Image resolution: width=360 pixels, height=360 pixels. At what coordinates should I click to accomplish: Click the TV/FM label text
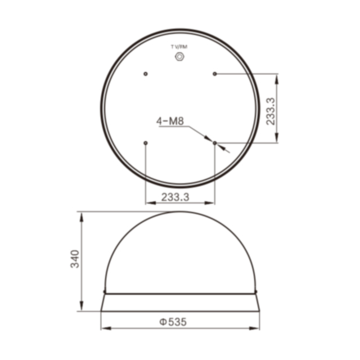click(x=179, y=47)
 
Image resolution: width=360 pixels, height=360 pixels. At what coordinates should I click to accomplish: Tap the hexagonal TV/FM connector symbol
click(x=179, y=56)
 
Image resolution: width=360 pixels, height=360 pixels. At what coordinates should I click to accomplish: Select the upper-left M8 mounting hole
click(x=145, y=74)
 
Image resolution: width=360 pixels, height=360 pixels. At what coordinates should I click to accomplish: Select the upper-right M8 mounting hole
click(x=215, y=74)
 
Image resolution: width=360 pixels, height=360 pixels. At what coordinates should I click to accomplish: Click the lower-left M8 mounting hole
click(x=145, y=143)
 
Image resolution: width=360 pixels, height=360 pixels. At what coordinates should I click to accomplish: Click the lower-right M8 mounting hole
click(x=215, y=143)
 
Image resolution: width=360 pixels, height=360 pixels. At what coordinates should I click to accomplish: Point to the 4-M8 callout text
click(x=170, y=121)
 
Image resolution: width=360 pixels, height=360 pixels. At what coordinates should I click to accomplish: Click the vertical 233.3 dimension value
click(x=271, y=111)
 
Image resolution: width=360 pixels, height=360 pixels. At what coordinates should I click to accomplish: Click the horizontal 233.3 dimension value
click(x=175, y=197)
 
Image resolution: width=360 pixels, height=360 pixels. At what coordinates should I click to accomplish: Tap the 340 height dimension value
click(x=75, y=259)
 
